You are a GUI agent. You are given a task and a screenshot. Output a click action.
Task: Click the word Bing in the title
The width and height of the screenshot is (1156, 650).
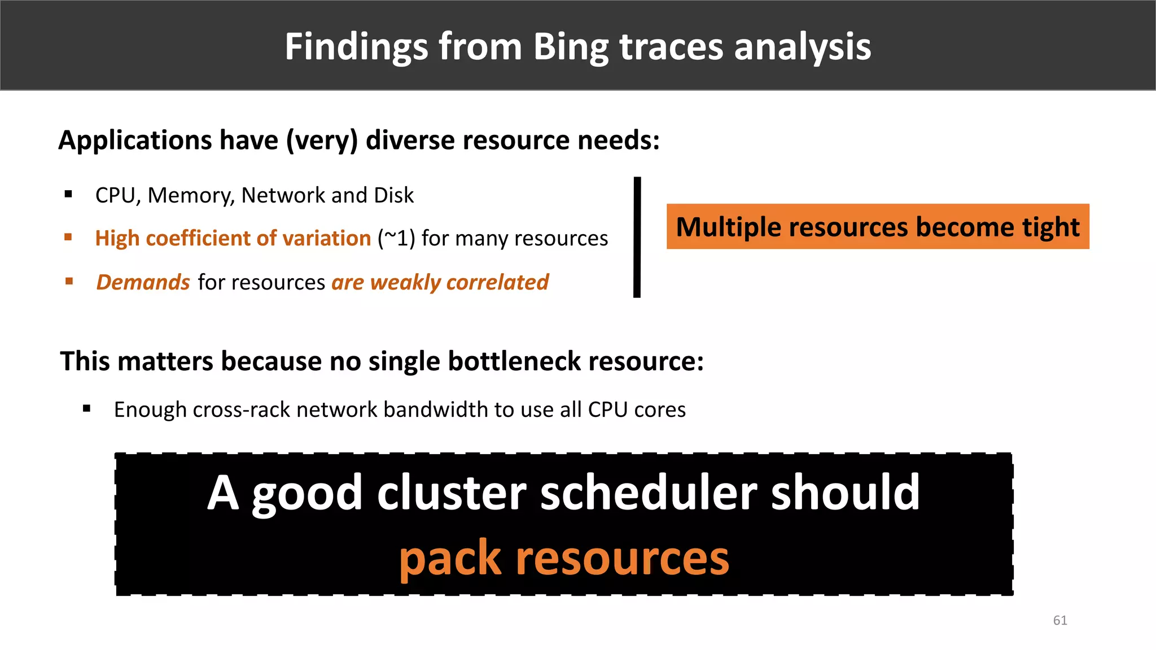(570, 46)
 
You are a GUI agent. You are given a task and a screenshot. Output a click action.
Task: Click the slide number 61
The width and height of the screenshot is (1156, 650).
(1059, 620)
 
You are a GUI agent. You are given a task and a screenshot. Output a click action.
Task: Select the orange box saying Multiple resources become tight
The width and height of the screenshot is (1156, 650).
(877, 226)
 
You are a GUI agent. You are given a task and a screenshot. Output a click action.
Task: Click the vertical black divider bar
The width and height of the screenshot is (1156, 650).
(637, 237)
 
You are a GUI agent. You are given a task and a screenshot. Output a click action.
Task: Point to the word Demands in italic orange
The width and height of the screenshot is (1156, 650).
(143, 282)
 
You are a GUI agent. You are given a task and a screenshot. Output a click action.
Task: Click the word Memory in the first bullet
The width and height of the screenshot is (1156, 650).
(191, 196)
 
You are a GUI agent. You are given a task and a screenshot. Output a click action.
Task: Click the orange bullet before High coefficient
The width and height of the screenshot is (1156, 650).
(68, 238)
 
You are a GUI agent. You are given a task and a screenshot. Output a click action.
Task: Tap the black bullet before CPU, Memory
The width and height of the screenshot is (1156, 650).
(68, 195)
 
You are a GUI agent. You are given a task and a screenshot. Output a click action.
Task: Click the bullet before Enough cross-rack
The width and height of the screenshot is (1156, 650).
(86, 409)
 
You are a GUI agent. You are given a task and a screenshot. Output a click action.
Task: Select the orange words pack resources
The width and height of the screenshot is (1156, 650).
(564, 557)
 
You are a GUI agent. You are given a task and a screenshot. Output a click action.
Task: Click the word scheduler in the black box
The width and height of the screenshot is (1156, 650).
(648, 493)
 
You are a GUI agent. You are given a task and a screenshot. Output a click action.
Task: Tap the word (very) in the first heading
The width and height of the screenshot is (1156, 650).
(322, 140)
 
